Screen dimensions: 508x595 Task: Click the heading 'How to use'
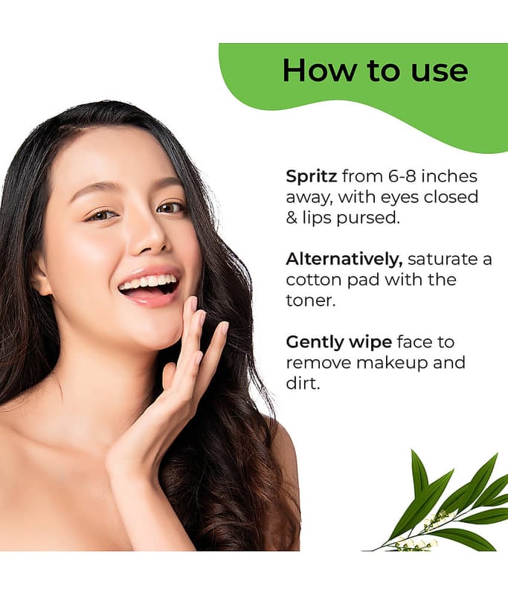coord(375,70)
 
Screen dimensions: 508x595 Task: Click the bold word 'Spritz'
coord(311,177)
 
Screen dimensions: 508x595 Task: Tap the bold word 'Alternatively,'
coord(344,259)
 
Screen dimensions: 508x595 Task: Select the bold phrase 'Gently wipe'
coord(339,342)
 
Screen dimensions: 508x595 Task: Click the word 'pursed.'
coord(368,218)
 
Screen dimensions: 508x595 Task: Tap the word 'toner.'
coord(311,301)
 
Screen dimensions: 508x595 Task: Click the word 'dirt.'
coord(303,383)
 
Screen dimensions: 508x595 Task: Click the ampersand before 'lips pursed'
coord(292,218)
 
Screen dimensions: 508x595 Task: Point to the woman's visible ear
coord(41,276)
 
